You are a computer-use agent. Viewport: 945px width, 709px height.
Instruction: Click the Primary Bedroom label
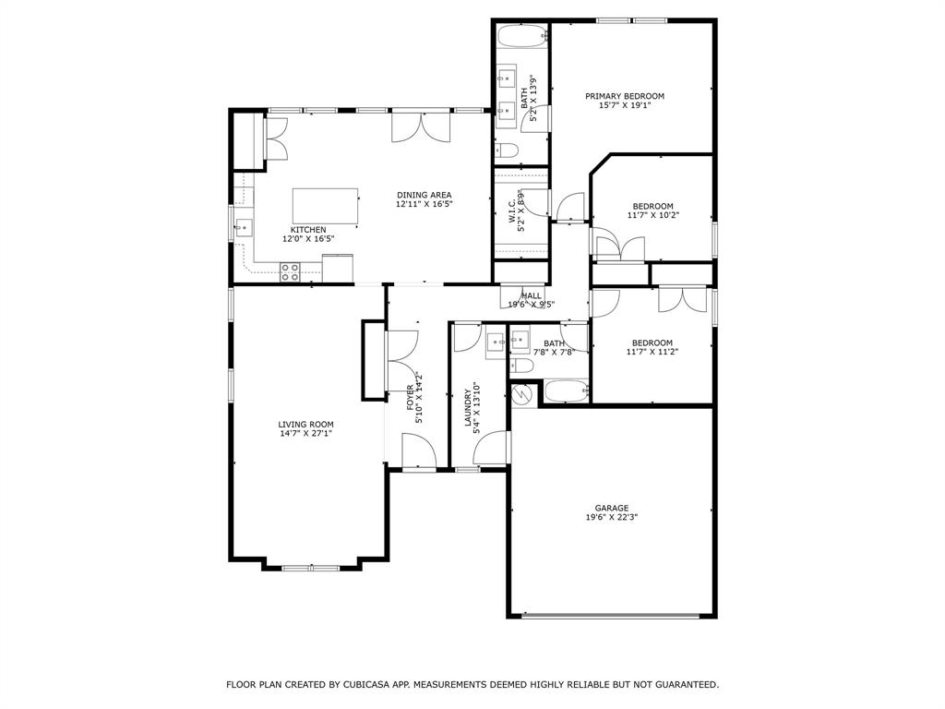625,96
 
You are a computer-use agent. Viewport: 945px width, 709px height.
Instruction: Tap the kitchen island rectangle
325,205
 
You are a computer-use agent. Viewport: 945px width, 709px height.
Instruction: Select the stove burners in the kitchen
290,271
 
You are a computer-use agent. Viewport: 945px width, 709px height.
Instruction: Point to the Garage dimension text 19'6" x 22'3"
611,518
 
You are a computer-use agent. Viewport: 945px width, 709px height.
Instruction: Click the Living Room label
306,425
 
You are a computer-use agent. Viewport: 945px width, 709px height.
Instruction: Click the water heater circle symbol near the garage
522,394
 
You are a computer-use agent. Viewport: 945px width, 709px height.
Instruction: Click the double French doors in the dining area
423,126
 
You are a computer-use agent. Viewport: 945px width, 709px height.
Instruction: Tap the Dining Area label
425,195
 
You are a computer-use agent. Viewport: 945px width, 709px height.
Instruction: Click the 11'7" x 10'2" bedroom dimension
652,216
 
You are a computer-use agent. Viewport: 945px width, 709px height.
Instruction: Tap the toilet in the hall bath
522,367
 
